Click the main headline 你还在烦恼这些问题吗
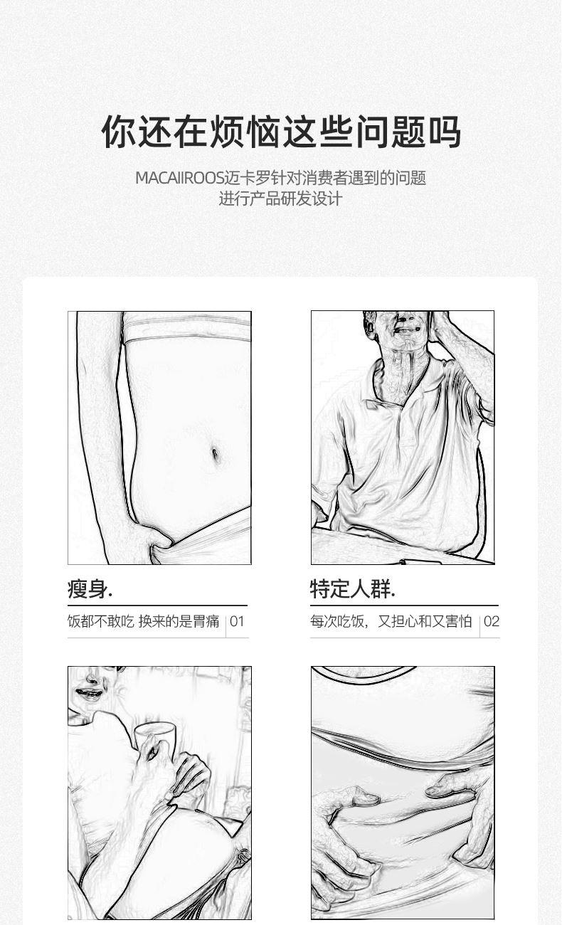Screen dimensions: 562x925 pos(281,132)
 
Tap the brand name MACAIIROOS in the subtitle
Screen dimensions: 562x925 pos(179,179)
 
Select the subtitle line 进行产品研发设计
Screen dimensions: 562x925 pos(280,199)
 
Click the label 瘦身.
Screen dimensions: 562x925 pos(90,589)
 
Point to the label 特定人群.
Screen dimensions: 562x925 pos(353,589)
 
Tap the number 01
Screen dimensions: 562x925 pos(237,621)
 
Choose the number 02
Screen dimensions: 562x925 pos(492,621)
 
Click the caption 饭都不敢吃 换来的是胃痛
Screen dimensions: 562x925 pos(143,621)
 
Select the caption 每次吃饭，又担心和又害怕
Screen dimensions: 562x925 pos(391,621)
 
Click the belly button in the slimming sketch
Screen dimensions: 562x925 pos(216,454)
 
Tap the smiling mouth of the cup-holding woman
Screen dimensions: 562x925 pos(89,693)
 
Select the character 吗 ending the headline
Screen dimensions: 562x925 pos(445,132)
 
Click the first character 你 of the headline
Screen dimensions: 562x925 pos(118,132)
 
